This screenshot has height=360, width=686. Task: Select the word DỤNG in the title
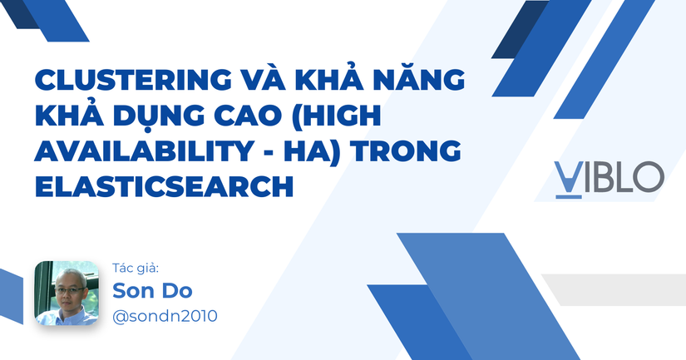(x=152, y=118)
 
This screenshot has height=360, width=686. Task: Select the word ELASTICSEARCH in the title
(x=164, y=187)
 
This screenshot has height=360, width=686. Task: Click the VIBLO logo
(x=609, y=177)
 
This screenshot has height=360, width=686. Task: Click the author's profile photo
(x=67, y=293)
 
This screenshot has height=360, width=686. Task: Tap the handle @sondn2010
(x=165, y=317)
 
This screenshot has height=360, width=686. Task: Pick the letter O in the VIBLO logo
(x=649, y=177)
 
